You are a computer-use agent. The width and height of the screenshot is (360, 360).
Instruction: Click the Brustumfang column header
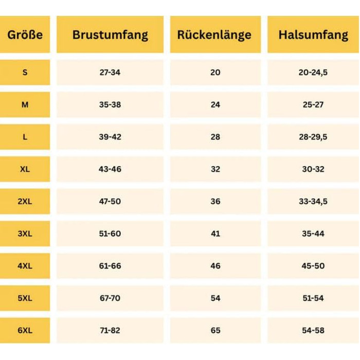(110, 35)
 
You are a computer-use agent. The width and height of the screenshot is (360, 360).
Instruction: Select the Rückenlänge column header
(215, 35)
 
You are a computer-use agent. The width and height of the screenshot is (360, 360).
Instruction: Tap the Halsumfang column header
(313, 35)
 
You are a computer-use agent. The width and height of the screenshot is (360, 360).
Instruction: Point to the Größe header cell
(25, 35)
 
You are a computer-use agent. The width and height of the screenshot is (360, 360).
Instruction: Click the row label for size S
(25, 73)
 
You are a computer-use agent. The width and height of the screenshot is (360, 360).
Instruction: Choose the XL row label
(25, 169)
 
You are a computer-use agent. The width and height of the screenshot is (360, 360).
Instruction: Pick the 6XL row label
(25, 331)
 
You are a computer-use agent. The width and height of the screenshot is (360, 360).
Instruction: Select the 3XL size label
(25, 234)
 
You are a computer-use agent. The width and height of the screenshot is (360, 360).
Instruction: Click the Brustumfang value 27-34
(110, 73)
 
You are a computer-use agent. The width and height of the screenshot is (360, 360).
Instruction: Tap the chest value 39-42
(110, 137)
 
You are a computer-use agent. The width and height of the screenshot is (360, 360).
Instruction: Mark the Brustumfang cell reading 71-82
(110, 331)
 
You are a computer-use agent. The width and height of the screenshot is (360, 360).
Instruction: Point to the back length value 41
(215, 234)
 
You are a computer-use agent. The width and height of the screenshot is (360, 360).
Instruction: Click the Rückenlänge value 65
(215, 331)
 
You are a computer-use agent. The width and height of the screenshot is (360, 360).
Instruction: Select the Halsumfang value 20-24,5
(313, 73)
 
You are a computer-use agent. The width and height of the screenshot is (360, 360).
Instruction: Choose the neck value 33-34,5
(313, 202)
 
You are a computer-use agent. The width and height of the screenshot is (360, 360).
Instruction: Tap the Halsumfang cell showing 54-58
(313, 331)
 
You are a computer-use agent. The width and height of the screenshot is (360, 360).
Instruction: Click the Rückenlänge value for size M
(215, 105)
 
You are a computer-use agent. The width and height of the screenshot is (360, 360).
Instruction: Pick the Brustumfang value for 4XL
(110, 266)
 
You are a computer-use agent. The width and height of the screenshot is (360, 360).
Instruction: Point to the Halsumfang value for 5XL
(313, 298)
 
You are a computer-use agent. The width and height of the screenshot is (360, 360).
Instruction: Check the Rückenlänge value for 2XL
(215, 202)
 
